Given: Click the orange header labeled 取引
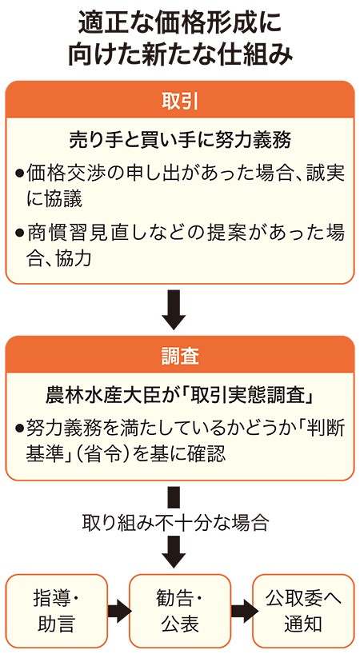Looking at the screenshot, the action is point(180,100).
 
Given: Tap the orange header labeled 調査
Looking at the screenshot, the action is point(180,355).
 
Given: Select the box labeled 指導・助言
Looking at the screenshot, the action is point(56,611).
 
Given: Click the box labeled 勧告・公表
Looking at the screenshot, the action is point(180,611).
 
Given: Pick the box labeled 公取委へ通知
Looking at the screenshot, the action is point(303,611).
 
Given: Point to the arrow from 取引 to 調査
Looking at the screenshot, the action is point(174,309).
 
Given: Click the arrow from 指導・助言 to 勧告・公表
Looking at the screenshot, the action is point(119,611).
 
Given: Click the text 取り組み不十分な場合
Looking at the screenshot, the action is point(175,521).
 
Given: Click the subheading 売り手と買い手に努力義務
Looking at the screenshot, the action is point(180,141).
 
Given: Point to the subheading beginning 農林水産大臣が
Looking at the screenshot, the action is point(180,396).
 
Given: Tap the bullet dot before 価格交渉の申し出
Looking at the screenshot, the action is point(19,173).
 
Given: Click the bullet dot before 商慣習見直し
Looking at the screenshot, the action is point(19,232).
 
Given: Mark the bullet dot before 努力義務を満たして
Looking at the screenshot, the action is point(19,429).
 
